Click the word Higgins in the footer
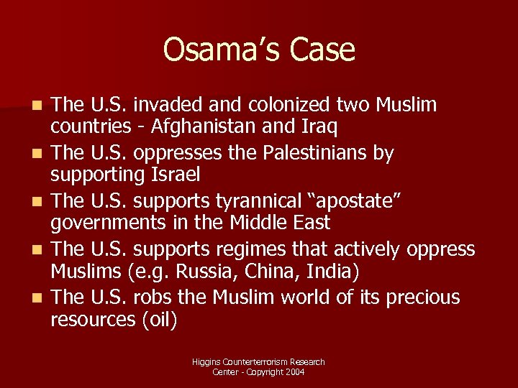[206, 362]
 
